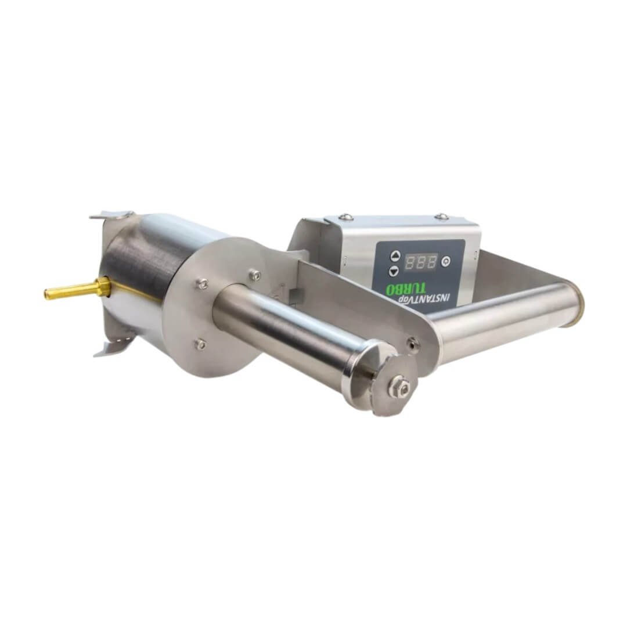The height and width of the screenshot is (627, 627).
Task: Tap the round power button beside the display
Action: (446, 261)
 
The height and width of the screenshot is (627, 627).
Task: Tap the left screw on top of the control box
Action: (346, 217)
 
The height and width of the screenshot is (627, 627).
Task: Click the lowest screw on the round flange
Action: (200, 344)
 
